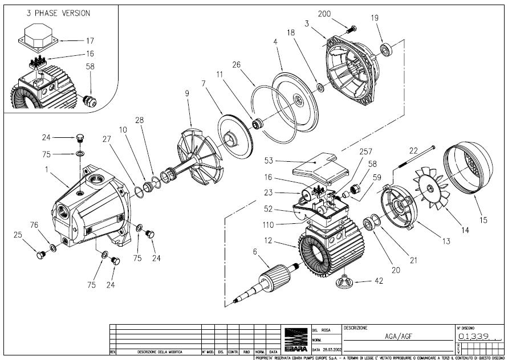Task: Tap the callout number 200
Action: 340,13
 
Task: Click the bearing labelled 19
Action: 389,47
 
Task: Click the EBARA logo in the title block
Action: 295,339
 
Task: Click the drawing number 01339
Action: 473,337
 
